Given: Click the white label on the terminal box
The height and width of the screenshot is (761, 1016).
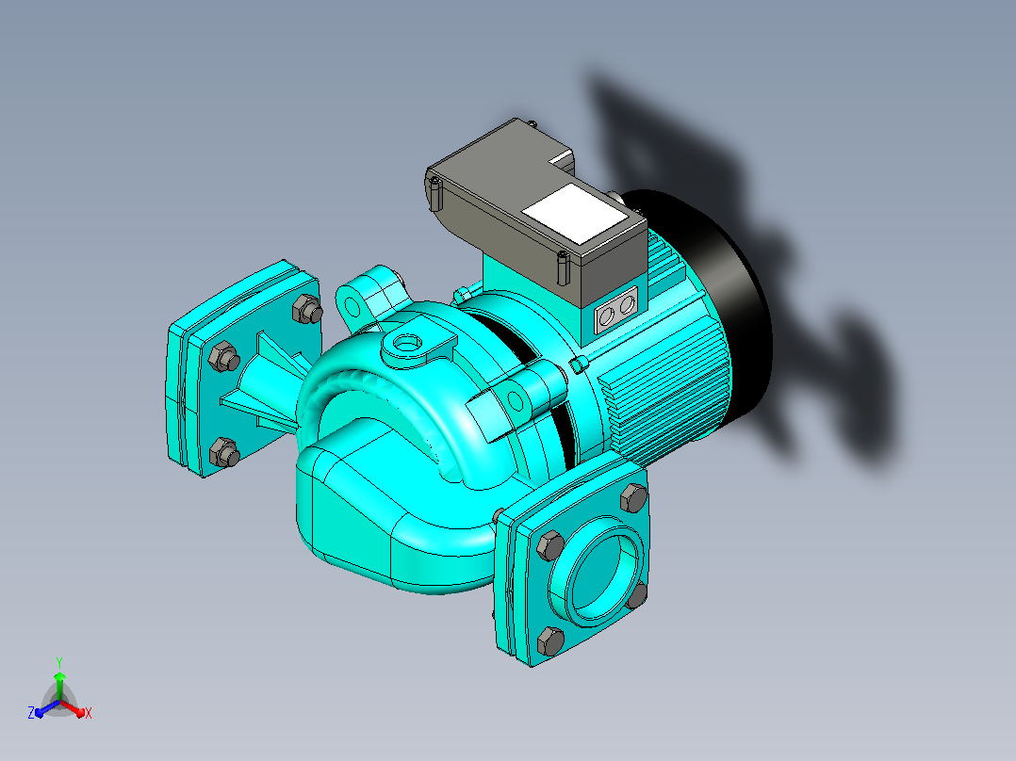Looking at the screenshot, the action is (574, 214).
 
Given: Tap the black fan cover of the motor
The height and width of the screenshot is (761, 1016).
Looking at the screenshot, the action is (726, 304).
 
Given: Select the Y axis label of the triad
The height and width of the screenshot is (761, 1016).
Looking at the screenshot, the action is (59, 662).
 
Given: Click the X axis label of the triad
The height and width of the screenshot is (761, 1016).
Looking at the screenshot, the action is (89, 713).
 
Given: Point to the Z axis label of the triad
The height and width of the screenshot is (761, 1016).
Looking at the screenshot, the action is (31, 713).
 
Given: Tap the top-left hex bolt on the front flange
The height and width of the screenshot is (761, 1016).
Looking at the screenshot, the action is (550, 545).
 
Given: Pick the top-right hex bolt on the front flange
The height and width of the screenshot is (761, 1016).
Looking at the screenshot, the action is (633, 497).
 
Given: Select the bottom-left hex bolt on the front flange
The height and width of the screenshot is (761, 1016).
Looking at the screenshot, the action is (550, 640).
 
